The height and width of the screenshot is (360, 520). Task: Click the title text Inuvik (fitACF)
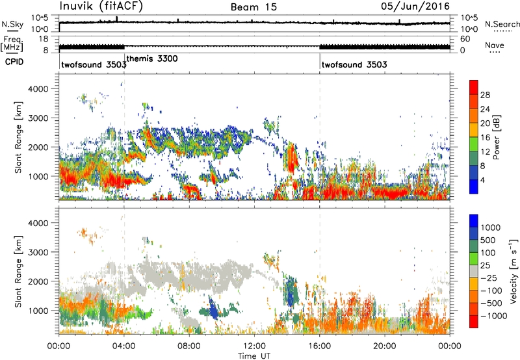pyautogui.click(x=101, y=6)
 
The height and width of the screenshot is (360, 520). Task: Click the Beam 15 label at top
pyautogui.click(x=253, y=7)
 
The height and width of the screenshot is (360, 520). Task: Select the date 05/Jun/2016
pyautogui.click(x=415, y=6)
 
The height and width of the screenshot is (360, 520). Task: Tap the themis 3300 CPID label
pyautogui.click(x=152, y=58)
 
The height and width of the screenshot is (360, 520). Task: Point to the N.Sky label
pyautogui.click(x=12, y=24)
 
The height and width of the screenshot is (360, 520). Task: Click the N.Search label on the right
pyautogui.click(x=502, y=24)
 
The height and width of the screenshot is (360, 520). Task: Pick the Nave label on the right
pyautogui.click(x=495, y=45)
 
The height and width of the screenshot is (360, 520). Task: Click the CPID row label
pyautogui.click(x=14, y=62)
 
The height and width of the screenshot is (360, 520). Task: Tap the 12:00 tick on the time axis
pyautogui.click(x=254, y=346)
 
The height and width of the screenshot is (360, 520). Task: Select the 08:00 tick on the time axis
pyautogui.click(x=189, y=346)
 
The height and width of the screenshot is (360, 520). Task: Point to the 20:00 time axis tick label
pyautogui.click(x=385, y=346)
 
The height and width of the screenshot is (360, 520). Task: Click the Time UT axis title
pyautogui.click(x=254, y=356)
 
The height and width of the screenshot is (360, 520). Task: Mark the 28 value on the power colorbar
pyautogui.click(x=485, y=95)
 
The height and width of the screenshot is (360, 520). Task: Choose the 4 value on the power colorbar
pyautogui.click(x=482, y=180)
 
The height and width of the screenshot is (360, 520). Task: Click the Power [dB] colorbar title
pyautogui.click(x=497, y=137)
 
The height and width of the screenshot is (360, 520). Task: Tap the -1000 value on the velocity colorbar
pyautogui.click(x=493, y=316)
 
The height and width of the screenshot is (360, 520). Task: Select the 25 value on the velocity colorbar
pyautogui.click(x=485, y=266)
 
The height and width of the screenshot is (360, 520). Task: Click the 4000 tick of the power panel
pyautogui.click(x=38, y=89)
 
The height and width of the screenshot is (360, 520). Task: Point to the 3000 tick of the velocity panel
pyautogui.click(x=38, y=252)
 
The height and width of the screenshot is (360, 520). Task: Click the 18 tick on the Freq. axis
pyautogui.click(x=44, y=39)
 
